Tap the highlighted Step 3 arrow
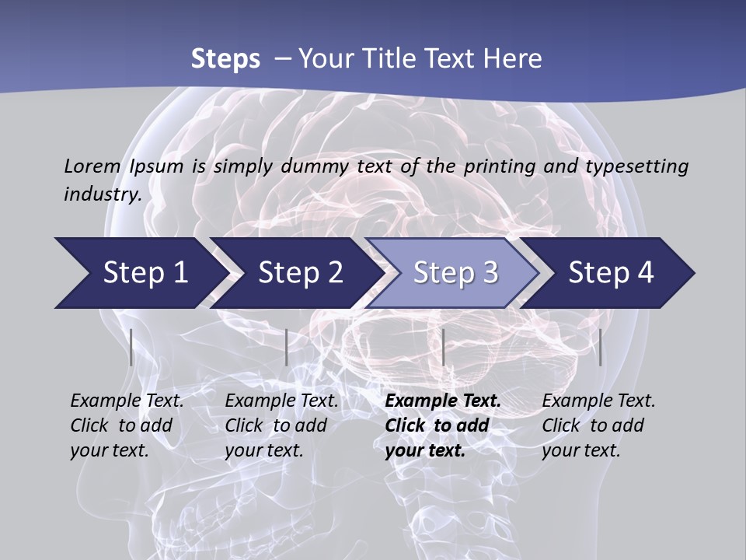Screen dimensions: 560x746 tap(455, 273)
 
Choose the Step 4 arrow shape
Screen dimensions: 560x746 tap(611, 273)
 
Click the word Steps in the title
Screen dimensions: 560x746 tap(225, 58)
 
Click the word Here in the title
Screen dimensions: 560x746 tap(512, 58)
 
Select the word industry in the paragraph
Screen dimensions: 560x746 tap(102, 194)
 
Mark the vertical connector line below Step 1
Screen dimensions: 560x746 tap(131, 347)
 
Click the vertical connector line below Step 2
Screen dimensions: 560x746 tap(287, 347)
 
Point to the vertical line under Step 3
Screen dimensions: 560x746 tap(443, 347)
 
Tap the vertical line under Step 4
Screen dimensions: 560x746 tap(600, 347)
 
